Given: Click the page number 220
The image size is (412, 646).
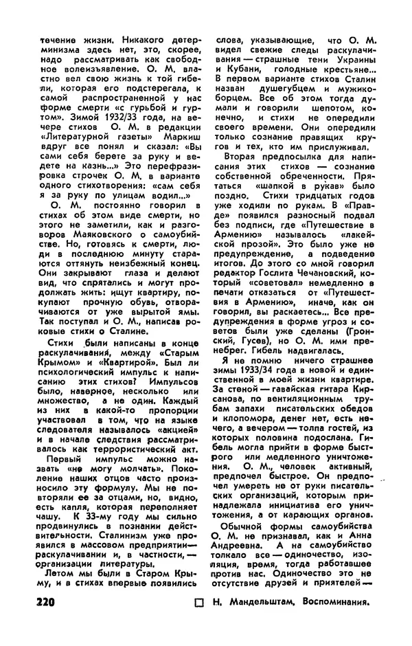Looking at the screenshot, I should tap(52, 603).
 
